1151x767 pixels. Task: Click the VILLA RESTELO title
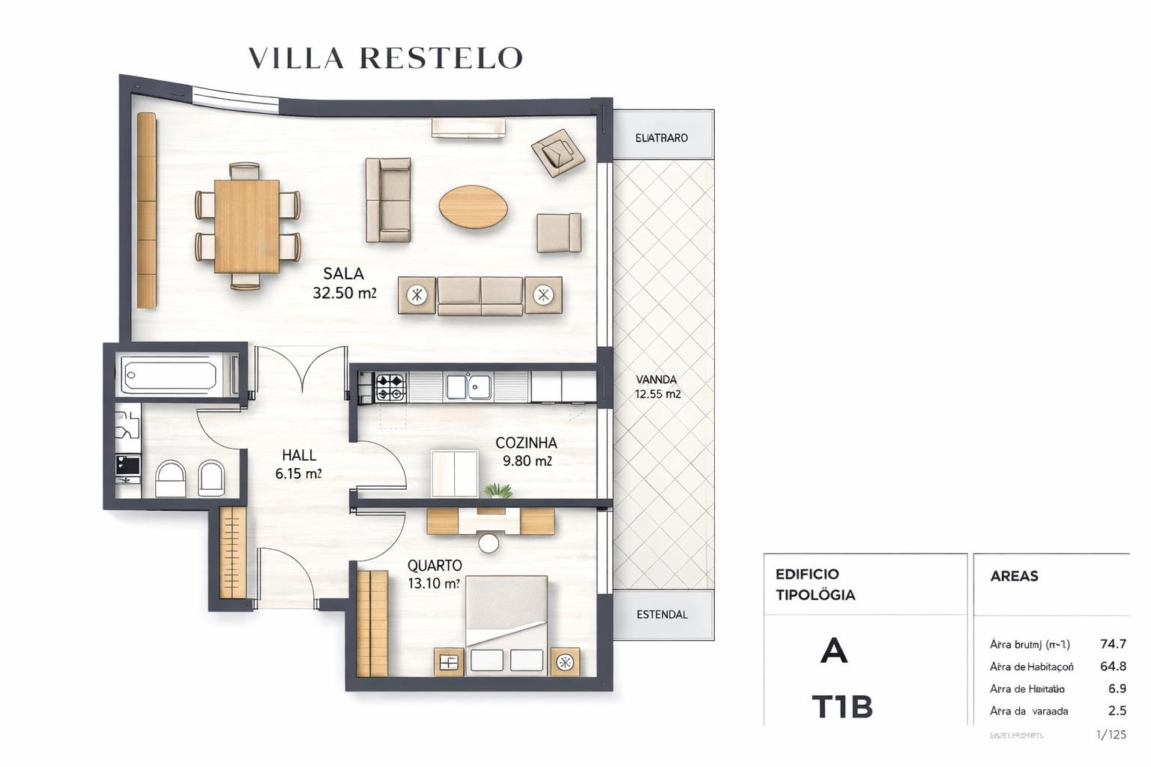click(x=385, y=58)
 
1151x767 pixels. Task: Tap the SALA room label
click(x=343, y=273)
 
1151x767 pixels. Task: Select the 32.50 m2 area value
click(x=344, y=293)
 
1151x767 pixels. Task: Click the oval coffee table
click(x=473, y=207)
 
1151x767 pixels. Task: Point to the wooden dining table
click(x=247, y=226)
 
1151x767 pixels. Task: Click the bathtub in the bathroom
click(x=170, y=374)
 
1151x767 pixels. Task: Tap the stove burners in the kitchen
click(x=390, y=387)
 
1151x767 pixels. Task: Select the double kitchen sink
click(x=469, y=386)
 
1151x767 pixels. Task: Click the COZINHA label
click(x=526, y=443)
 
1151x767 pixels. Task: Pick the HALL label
click(x=299, y=455)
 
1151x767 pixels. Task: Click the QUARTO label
click(x=435, y=566)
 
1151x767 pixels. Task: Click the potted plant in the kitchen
click(x=498, y=491)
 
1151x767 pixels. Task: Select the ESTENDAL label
click(x=662, y=614)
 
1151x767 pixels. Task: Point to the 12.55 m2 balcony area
click(x=658, y=394)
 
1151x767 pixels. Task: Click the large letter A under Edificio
click(x=834, y=651)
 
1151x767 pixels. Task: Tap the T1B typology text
click(x=842, y=707)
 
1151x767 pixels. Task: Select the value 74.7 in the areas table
click(x=1113, y=644)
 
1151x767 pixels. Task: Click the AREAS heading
click(x=1014, y=576)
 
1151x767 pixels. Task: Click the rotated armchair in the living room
click(x=558, y=153)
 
